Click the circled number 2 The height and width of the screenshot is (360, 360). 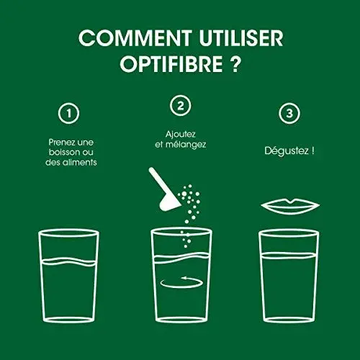[x=179, y=105]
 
